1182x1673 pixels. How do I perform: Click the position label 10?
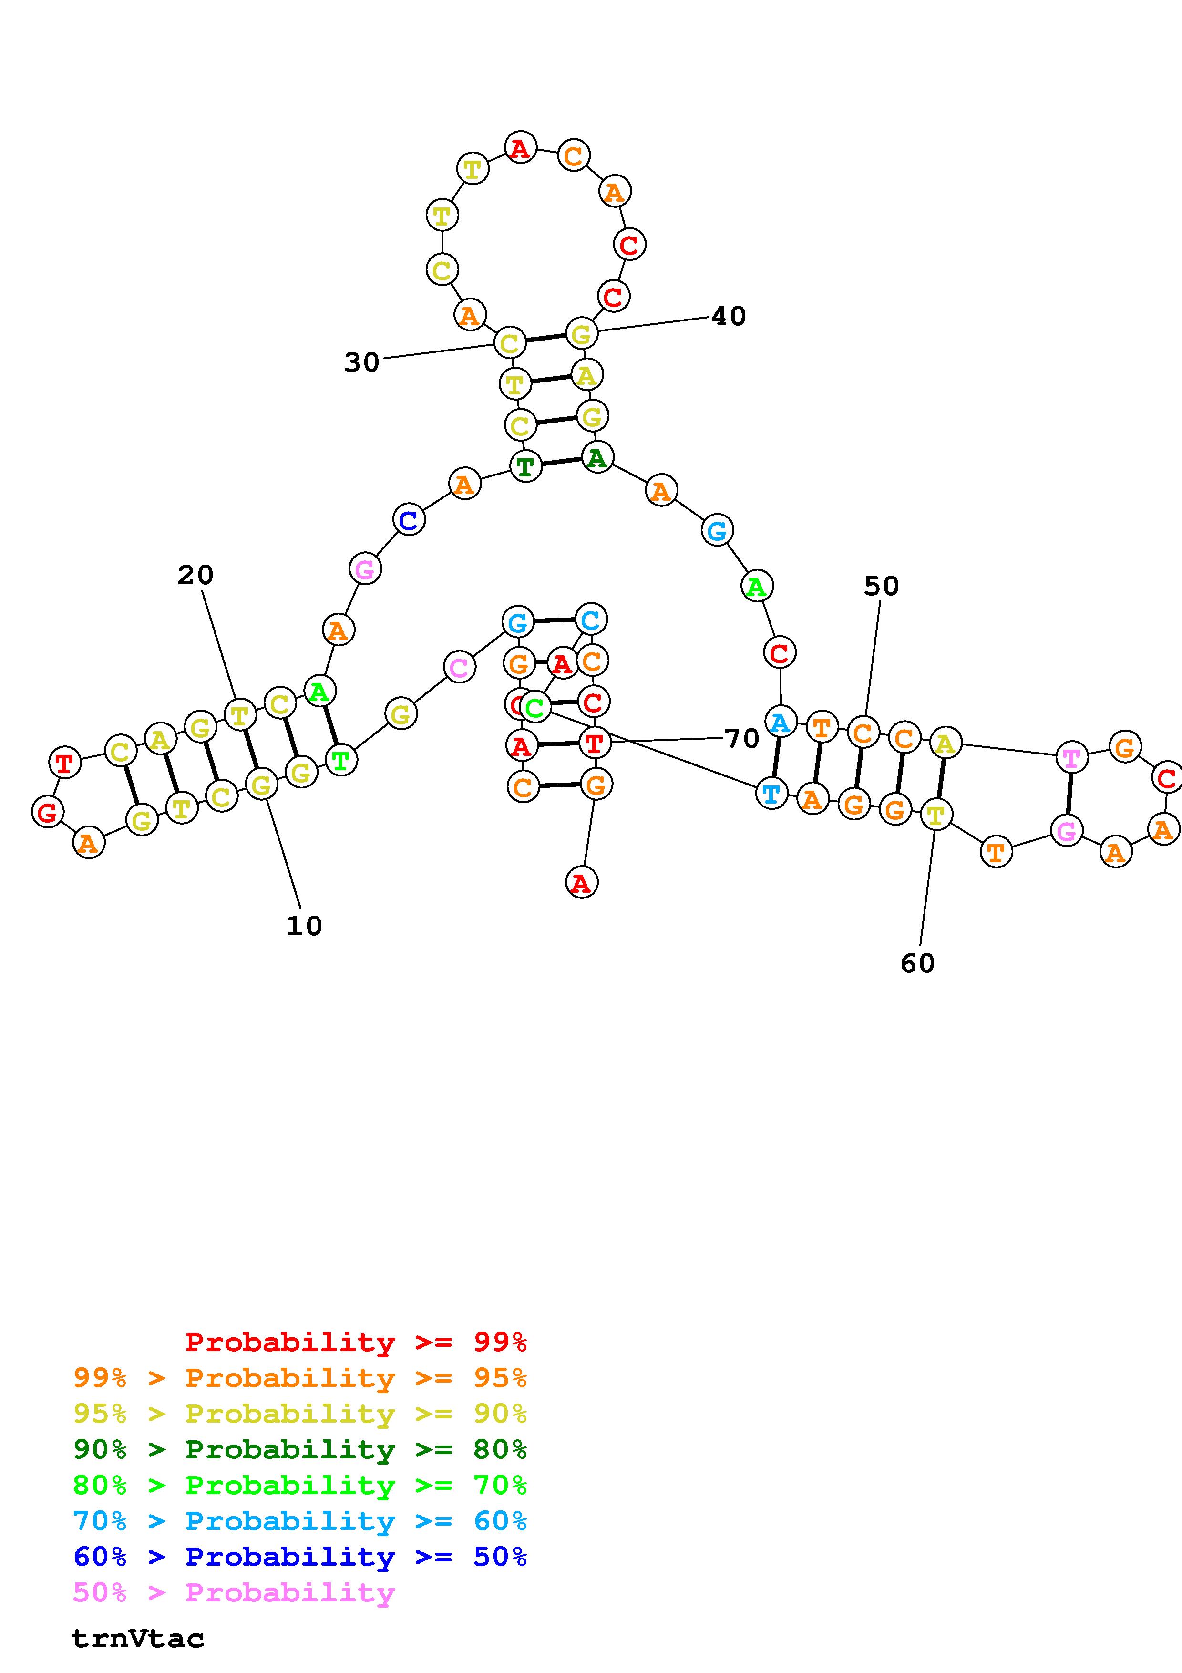coord(304,926)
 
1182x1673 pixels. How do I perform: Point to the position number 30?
coord(362,362)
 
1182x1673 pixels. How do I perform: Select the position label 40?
coord(728,316)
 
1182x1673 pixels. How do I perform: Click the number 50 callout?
coord(881,586)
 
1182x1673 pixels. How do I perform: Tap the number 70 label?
coord(742,739)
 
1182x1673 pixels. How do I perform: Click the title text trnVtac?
coord(138,1639)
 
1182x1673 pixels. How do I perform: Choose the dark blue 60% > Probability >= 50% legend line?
coord(300,1557)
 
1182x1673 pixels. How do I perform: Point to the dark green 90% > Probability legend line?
coord(300,1449)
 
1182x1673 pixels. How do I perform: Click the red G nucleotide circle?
coord(47,811)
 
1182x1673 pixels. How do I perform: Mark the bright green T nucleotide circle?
coord(340,760)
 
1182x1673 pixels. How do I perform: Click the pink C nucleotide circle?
coord(459,667)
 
